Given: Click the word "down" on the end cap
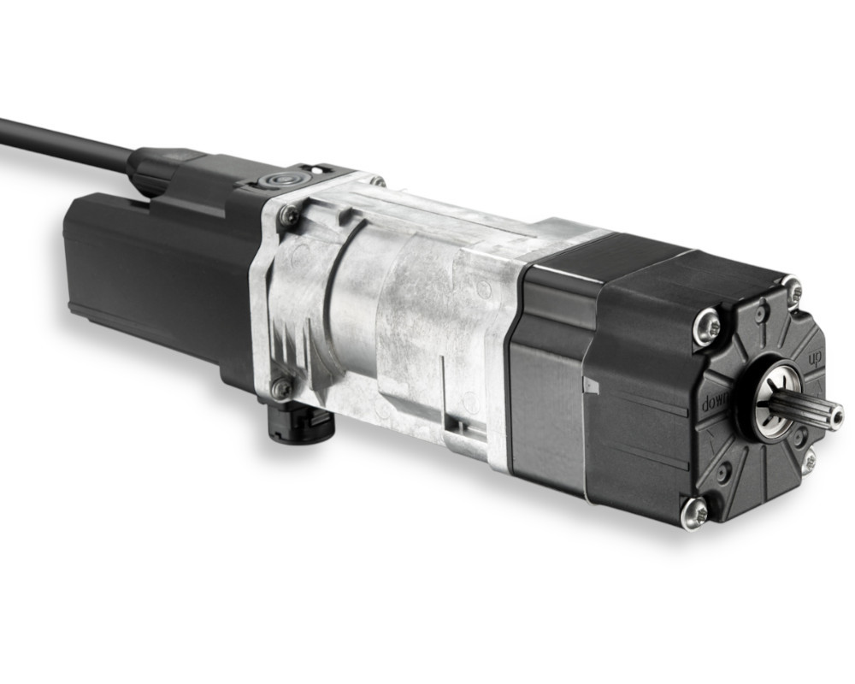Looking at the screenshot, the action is pyautogui.click(x=714, y=404).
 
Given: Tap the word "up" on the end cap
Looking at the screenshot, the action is pyautogui.click(x=815, y=358).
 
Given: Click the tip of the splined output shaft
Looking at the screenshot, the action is pyautogui.click(x=835, y=413).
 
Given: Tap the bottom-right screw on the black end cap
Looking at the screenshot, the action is pyautogui.click(x=809, y=461).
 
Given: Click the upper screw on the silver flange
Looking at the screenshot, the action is pyautogui.click(x=288, y=216).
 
